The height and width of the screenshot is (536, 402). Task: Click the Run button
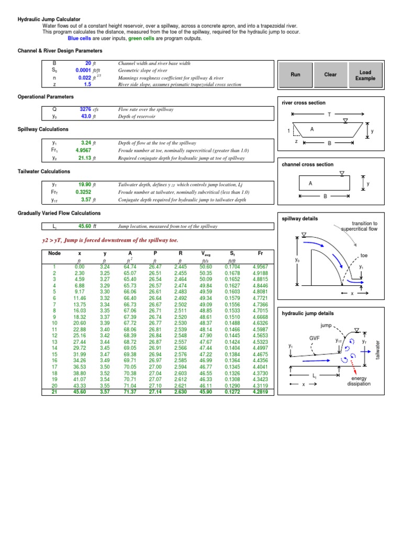tap(295, 75)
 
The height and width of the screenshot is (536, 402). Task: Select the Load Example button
tap(365, 75)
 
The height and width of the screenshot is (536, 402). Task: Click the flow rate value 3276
tap(85, 109)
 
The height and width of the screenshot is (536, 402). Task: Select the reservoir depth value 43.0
tap(86, 117)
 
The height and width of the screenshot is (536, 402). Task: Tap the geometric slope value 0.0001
tap(83, 70)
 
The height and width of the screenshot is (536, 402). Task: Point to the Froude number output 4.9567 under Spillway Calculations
tap(83, 149)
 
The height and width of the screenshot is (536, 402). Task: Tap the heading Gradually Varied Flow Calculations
tap(59, 214)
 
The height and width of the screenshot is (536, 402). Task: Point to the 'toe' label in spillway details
tap(365, 255)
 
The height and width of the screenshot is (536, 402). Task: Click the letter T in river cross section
tap(329, 114)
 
